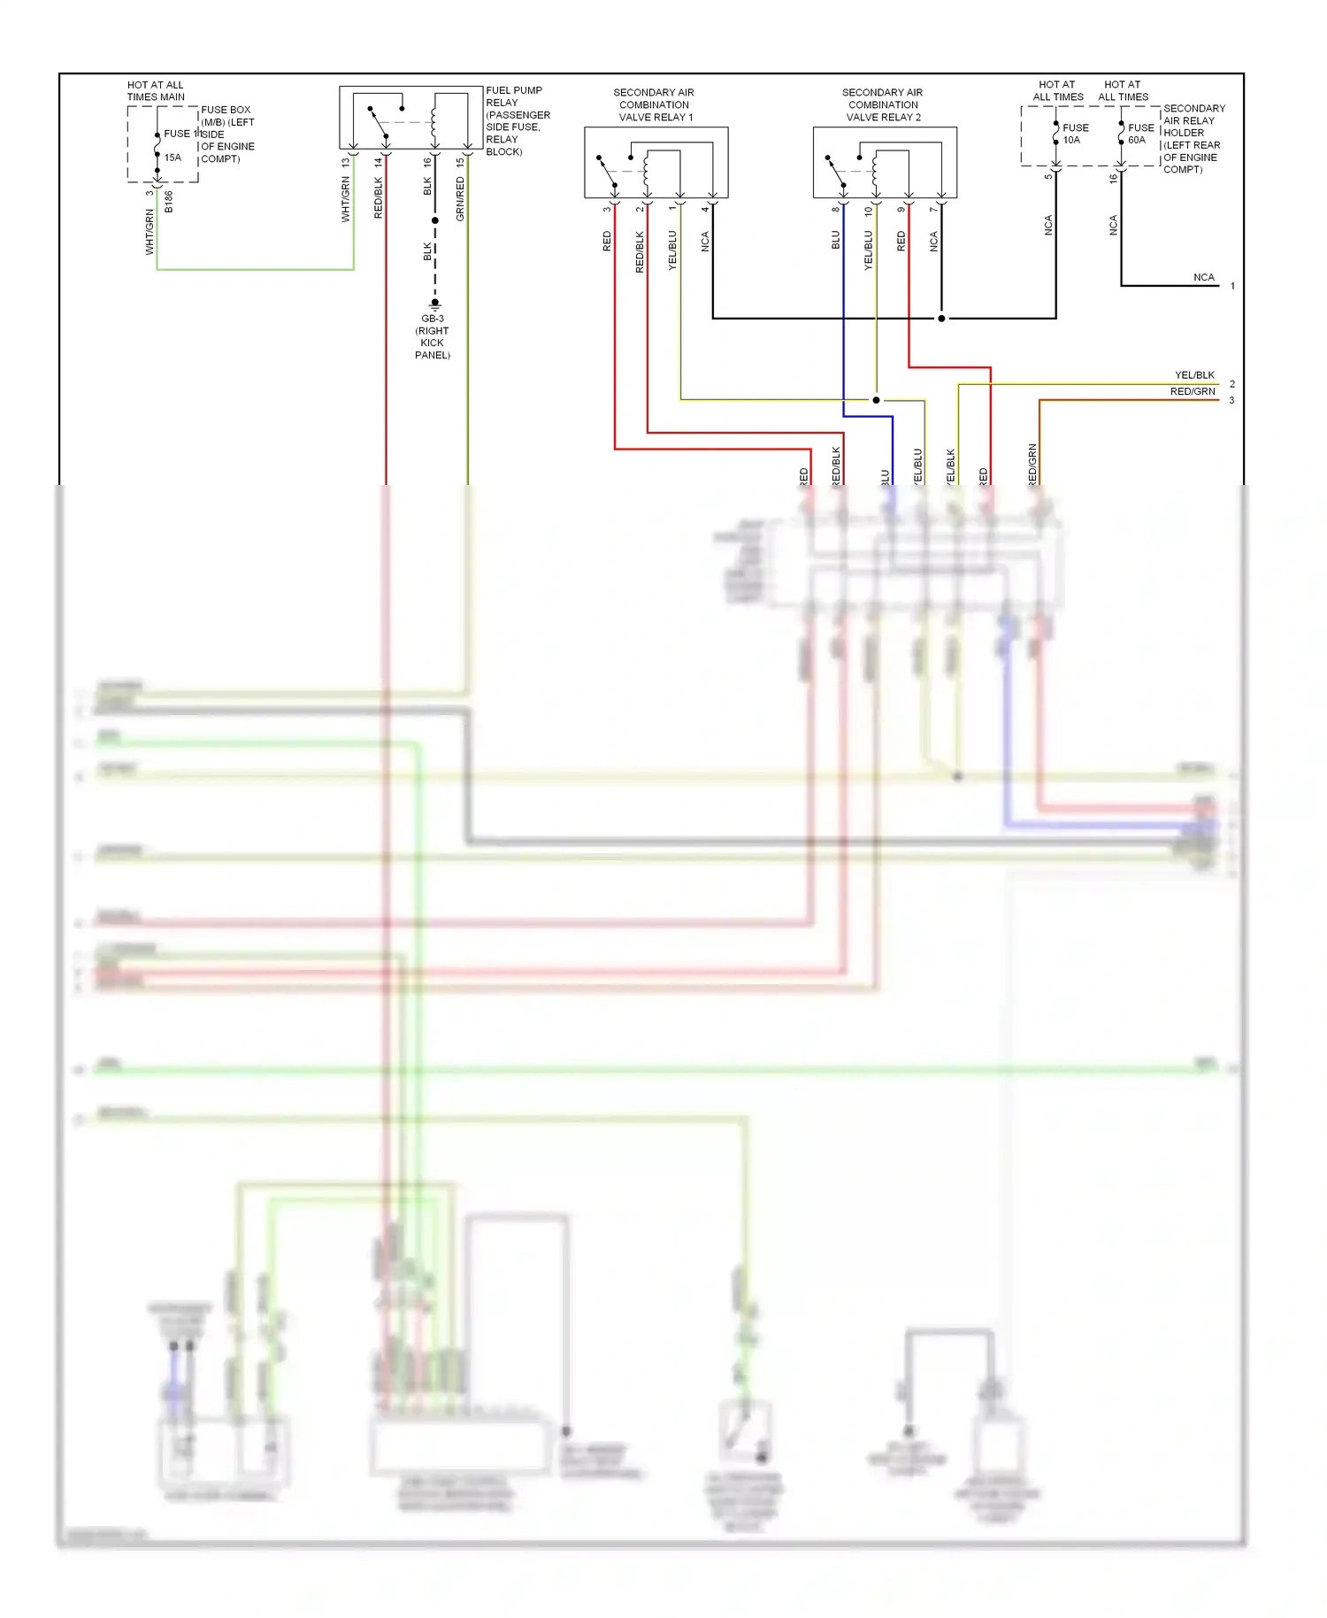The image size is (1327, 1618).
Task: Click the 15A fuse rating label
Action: pos(173,158)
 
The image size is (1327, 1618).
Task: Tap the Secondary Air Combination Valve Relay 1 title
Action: pos(655,104)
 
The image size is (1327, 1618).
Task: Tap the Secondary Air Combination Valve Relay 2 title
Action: pos(882,104)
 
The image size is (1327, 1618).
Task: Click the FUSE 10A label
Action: pos(1075,134)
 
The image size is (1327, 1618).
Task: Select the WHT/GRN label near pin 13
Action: pos(346,199)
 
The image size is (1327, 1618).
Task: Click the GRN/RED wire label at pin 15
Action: pos(460,199)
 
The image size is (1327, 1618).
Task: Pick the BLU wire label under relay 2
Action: pos(835,240)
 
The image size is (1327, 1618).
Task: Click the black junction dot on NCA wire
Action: pos(941,319)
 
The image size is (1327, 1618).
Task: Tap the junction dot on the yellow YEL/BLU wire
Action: pos(876,400)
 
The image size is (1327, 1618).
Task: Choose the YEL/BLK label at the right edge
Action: pos(1194,375)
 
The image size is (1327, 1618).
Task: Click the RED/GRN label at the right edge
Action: pos(1193,391)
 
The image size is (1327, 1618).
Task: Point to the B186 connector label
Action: pos(169,202)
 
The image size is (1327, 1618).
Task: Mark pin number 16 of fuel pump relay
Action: pos(427,163)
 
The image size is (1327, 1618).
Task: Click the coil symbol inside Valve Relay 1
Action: pos(647,171)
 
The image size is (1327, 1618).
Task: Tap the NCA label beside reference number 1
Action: pos(1203,277)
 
